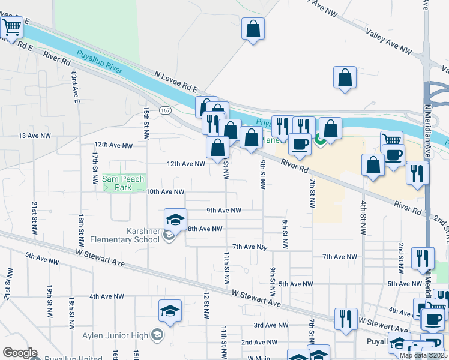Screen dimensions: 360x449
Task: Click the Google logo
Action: [20, 353]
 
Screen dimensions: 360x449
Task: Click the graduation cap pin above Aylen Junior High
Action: [170, 311]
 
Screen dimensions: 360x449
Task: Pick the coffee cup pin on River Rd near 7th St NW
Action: [300, 144]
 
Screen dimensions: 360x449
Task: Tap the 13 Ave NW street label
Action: [35, 136]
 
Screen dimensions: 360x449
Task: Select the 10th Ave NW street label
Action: [165, 192]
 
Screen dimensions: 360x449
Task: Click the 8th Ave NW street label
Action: [205, 229]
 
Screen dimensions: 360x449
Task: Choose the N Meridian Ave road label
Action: [429, 131]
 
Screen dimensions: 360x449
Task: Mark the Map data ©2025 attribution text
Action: [423, 355]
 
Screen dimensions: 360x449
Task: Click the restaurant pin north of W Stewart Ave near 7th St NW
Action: [346, 319]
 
